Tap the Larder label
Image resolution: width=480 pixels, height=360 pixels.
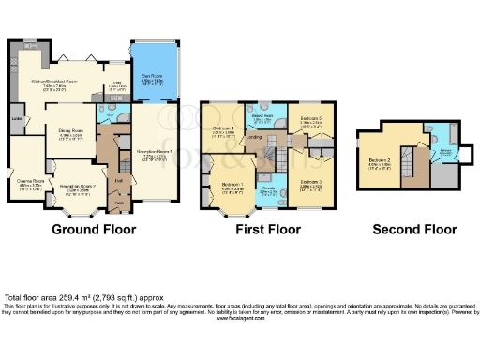pyautogui.click(x=17, y=119)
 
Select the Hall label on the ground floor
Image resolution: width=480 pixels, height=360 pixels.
pyautogui.click(x=119, y=180)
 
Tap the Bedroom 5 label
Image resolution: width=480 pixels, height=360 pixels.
pyautogui.click(x=311, y=119)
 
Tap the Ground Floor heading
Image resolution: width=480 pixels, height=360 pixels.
pyautogui.click(x=94, y=230)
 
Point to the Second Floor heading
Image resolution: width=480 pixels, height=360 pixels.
pyautogui.click(x=413, y=230)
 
